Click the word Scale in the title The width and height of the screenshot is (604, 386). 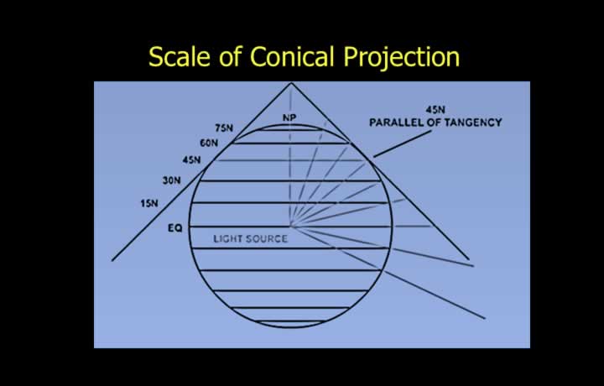point(180,56)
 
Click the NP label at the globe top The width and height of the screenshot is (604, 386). point(289,117)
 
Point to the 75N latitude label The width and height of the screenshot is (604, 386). point(224,128)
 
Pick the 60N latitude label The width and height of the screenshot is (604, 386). point(209,143)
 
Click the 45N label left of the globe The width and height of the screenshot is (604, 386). point(191,159)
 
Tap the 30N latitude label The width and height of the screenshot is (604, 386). point(171,180)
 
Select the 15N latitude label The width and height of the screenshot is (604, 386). point(149,203)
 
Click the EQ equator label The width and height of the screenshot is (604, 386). point(174,228)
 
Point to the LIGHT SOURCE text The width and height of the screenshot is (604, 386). point(250,239)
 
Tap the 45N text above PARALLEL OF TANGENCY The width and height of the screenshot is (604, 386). point(435,110)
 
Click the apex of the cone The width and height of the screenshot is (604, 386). point(291,83)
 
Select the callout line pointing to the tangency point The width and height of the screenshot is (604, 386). point(402,143)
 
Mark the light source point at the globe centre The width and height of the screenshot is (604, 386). point(291,227)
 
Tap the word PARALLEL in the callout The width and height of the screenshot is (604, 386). point(393,123)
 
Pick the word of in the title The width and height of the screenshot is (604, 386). point(231,56)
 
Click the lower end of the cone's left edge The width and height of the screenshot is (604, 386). point(112,261)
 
